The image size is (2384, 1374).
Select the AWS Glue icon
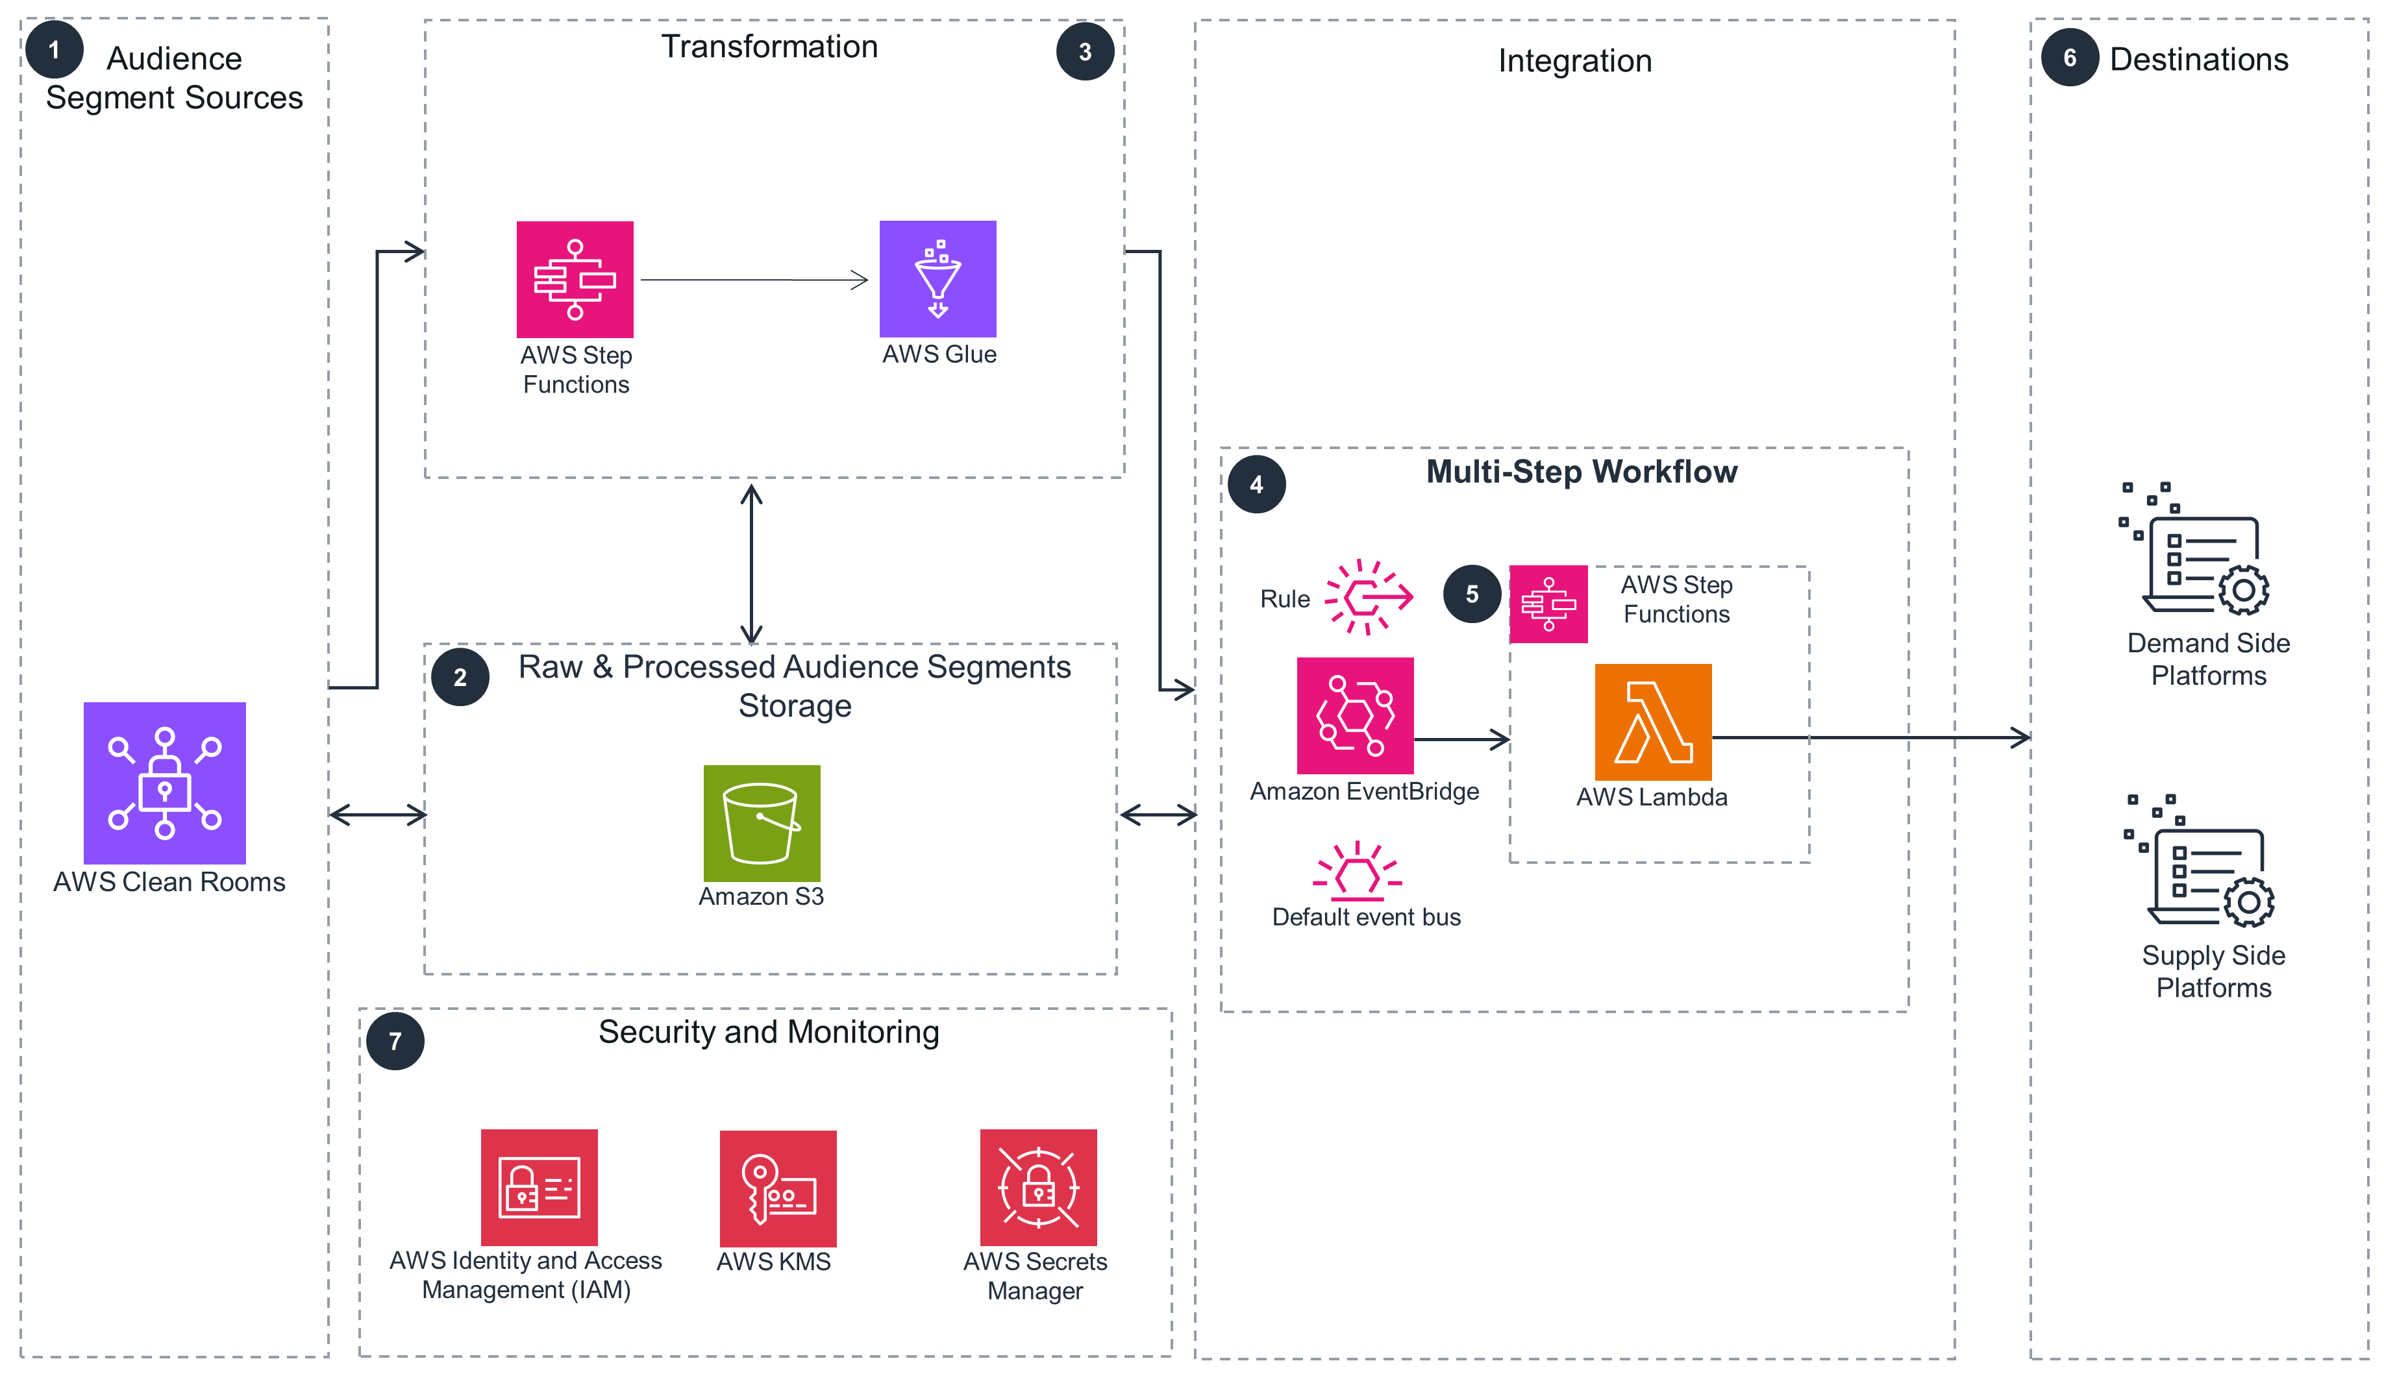pos(937,278)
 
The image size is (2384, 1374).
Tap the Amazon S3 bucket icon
pos(762,823)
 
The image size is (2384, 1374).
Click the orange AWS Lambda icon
pos(1652,722)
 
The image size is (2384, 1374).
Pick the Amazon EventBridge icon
pos(1354,715)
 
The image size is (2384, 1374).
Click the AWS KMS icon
pos(778,1188)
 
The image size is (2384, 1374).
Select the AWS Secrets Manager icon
pos(1038,1187)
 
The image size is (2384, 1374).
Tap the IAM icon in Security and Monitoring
pos(539,1187)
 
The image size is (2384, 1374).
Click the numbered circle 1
pos(54,49)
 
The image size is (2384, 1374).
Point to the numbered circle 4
pos(1256,484)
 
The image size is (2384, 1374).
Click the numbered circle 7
pos(395,1041)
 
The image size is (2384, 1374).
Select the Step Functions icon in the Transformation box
pos(575,279)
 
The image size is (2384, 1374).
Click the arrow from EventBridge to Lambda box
pos(1461,740)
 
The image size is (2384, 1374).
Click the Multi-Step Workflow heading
pos(1581,471)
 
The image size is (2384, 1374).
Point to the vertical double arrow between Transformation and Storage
pos(751,563)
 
